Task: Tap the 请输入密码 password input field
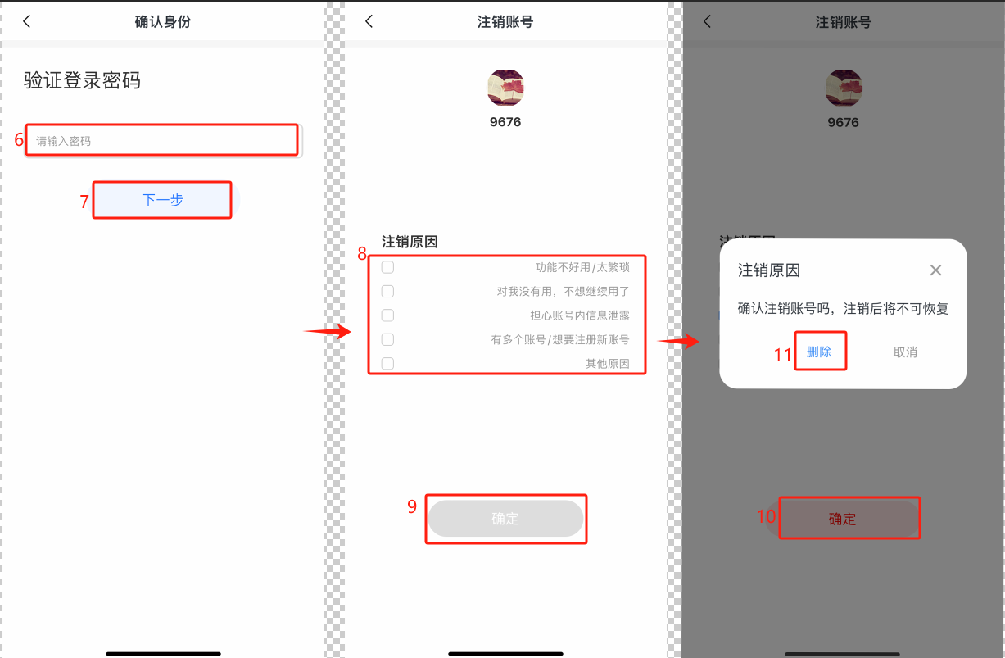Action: tap(164, 140)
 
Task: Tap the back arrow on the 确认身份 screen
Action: tap(27, 21)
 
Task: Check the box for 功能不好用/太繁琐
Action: tap(387, 267)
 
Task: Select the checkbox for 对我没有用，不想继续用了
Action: tap(387, 291)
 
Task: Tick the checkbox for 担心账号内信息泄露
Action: tap(387, 315)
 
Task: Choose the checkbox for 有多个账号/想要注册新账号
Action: tap(387, 339)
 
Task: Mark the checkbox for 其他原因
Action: tap(387, 363)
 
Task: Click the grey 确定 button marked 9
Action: tap(505, 519)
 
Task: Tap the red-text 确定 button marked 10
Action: tap(843, 519)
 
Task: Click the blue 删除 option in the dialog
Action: tap(819, 352)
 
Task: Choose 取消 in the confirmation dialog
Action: tap(905, 352)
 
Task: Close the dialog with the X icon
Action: tap(935, 270)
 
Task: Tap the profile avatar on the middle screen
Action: tap(505, 88)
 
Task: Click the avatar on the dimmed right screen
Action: tap(844, 88)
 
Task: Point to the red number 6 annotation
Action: tap(19, 139)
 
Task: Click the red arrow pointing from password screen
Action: tap(328, 332)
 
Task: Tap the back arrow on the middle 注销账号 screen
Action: tap(369, 21)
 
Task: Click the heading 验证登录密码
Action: tap(82, 81)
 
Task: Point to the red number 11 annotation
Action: tap(783, 355)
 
